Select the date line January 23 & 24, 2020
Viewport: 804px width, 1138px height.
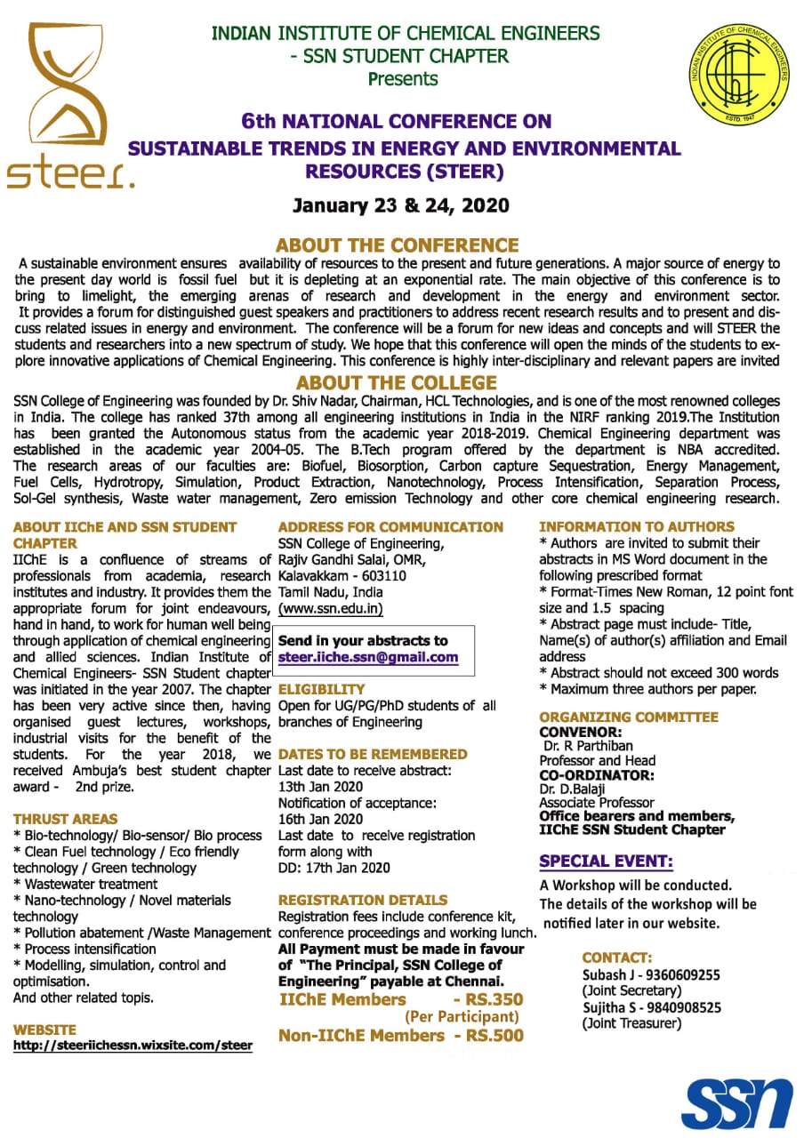tap(401, 205)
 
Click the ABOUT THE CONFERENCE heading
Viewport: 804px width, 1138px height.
tap(397, 244)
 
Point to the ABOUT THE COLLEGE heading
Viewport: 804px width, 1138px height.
tap(397, 383)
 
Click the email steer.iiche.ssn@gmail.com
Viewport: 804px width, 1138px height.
tap(368, 657)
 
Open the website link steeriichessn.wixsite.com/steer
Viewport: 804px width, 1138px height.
tap(133, 1046)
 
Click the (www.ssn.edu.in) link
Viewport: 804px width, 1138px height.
tap(331, 608)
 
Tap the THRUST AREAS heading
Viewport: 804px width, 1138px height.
tap(65, 819)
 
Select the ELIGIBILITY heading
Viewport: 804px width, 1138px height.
tap(322, 689)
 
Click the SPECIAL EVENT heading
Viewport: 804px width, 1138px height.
tap(606, 861)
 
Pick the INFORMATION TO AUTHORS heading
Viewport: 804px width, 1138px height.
tap(637, 526)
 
